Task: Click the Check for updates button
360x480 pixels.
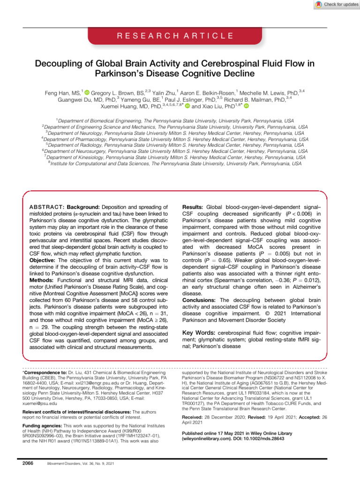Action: click(x=333, y=4)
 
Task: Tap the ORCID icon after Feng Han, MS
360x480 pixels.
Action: click(x=86, y=93)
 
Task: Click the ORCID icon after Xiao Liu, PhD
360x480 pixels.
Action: click(x=246, y=107)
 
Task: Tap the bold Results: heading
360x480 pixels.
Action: click(x=193, y=206)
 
